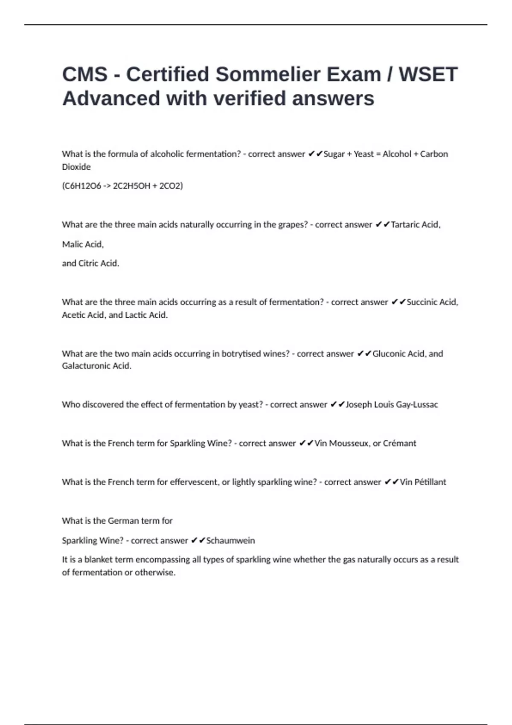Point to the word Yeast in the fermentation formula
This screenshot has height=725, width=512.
pos(364,154)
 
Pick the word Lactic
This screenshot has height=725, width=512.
pos(135,315)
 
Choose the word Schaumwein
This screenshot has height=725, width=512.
pos(230,541)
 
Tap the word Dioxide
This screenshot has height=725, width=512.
pos(76,167)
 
